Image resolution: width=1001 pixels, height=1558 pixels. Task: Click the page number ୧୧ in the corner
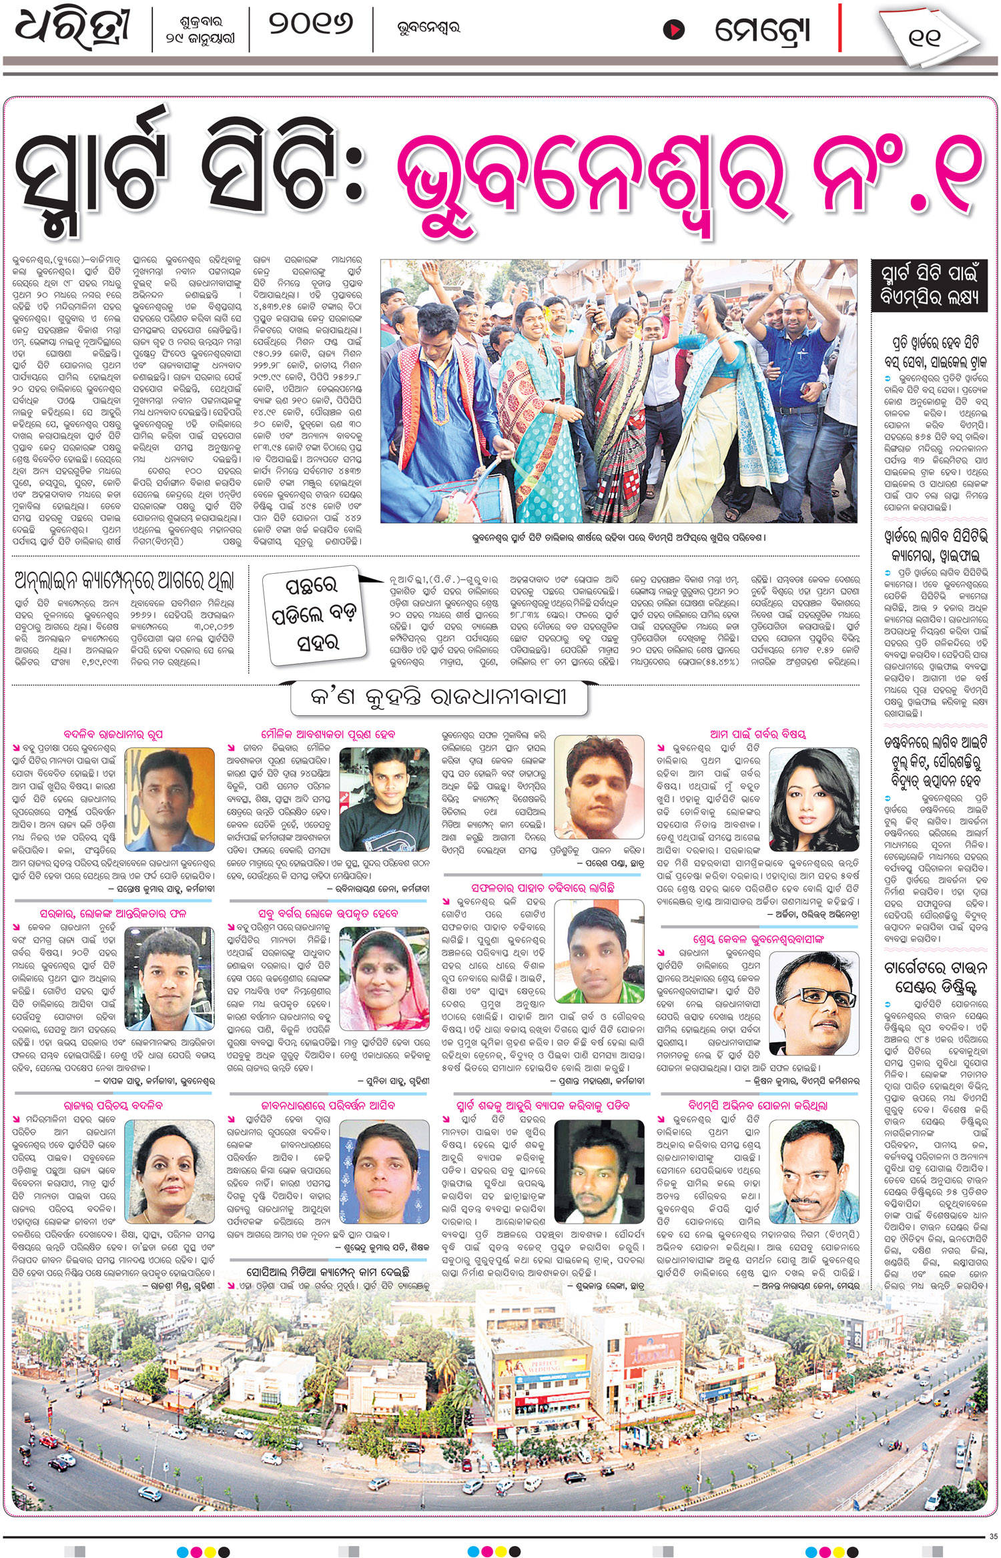[924, 37]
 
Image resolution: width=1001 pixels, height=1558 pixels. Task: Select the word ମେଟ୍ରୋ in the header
[762, 30]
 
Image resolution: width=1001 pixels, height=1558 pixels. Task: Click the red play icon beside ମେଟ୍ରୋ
[674, 30]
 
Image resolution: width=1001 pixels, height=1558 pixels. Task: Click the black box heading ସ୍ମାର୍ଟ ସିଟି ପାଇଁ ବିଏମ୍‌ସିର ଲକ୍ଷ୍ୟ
[929, 286]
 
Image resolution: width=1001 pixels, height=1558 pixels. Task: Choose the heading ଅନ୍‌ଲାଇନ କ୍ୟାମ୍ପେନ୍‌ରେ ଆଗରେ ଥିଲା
[125, 581]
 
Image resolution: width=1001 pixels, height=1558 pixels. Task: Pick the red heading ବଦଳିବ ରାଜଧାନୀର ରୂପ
[113, 734]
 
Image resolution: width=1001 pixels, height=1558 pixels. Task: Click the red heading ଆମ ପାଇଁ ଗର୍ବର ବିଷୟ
[758, 734]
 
